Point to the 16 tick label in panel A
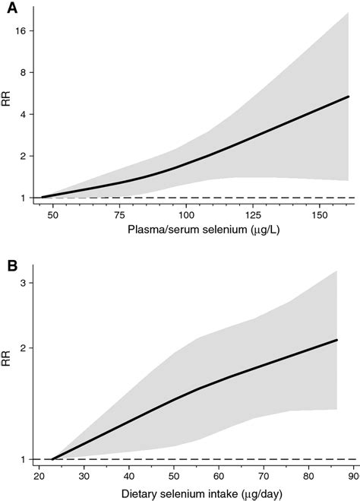pos(21,30)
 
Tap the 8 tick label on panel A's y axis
pos(24,72)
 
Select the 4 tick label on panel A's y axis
pos(24,114)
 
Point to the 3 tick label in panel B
pos(24,282)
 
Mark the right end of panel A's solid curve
pos(349,97)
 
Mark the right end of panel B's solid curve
pos(336,340)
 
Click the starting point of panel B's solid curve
pos(52,459)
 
